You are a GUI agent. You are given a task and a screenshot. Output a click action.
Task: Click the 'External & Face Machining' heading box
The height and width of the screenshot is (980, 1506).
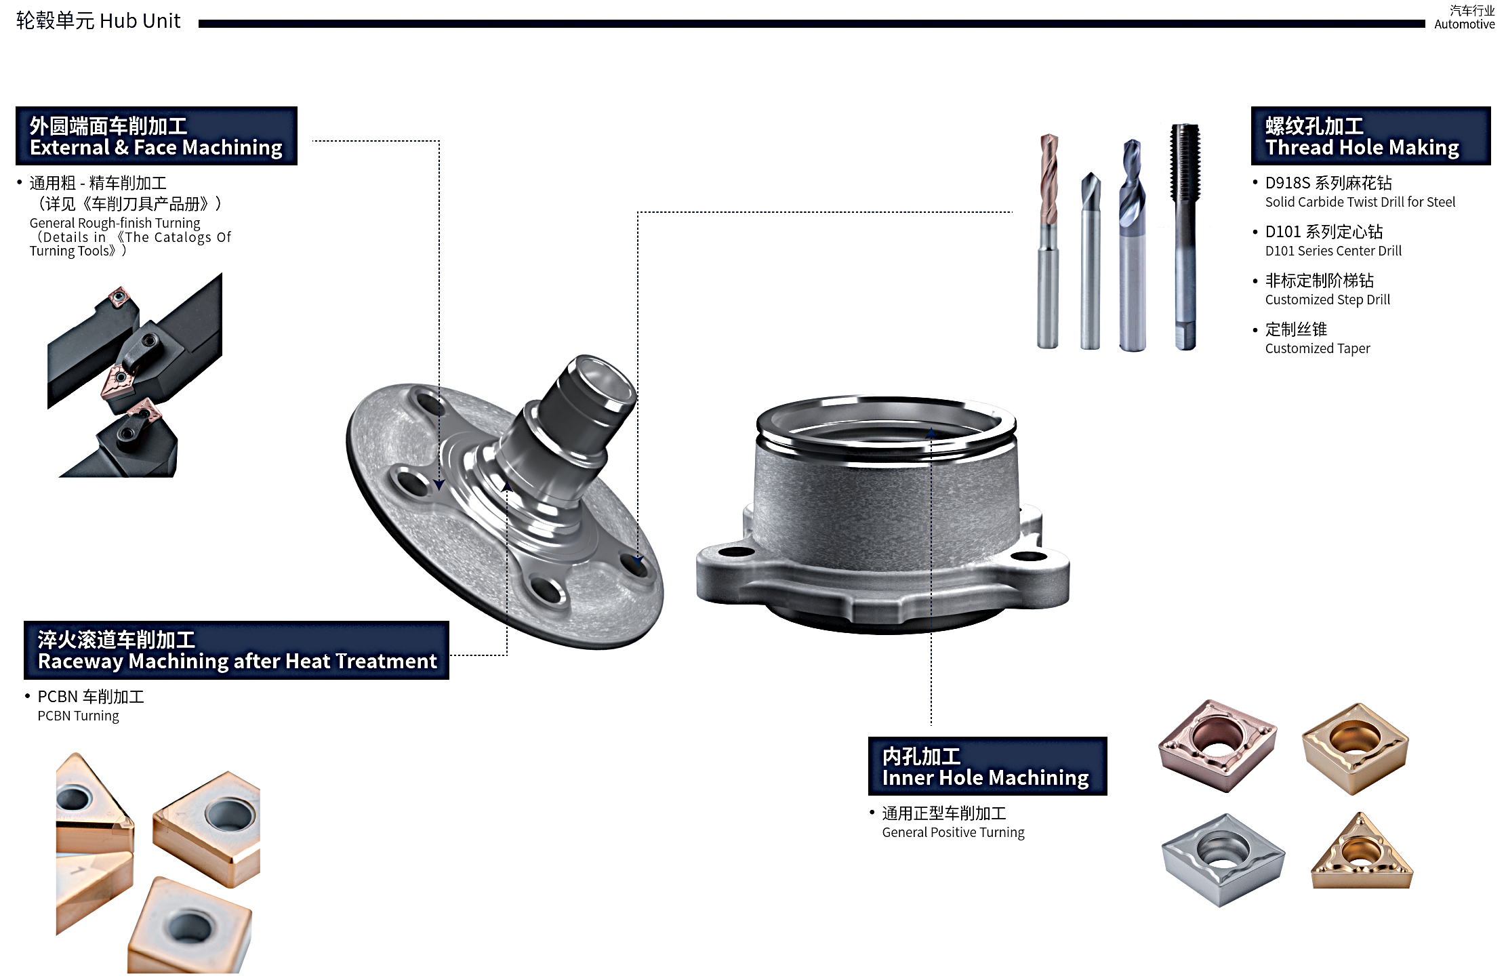pyautogui.click(x=156, y=136)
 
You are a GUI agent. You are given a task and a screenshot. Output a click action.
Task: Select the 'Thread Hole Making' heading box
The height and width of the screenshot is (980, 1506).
pyautogui.click(x=1370, y=136)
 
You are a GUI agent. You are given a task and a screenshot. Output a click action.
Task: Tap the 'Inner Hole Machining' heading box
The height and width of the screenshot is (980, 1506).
pyautogui.click(x=988, y=766)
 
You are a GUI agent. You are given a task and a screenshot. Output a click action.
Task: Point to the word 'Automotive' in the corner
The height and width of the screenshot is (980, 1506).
pyautogui.click(x=1465, y=24)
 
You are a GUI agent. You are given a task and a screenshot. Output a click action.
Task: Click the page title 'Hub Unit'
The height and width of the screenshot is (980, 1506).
pyautogui.click(x=140, y=21)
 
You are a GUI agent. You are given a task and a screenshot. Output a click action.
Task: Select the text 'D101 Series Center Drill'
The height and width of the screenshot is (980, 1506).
pyautogui.click(x=1333, y=251)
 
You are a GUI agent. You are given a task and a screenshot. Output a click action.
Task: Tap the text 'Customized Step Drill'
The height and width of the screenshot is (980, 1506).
pyautogui.click(x=1327, y=300)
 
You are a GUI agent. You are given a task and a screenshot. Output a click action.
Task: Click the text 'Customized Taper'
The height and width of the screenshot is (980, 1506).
pyautogui.click(x=1318, y=348)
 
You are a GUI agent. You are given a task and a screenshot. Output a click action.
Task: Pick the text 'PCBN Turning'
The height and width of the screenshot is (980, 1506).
pyautogui.click(x=78, y=716)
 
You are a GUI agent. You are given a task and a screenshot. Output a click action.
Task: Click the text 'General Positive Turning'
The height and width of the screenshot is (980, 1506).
pyautogui.click(x=953, y=832)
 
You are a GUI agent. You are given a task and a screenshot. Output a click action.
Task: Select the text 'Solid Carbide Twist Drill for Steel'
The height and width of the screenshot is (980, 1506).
pyautogui.click(x=1360, y=202)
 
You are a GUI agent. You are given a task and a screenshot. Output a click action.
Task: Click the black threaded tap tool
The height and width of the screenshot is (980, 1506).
pyautogui.click(x=1185, y=237)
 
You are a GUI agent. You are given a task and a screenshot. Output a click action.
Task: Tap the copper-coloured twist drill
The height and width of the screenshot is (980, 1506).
pyautogui.click(x=1049, y=241)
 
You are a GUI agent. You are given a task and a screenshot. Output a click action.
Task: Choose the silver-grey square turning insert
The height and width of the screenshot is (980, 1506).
pyautogui.click(x=1223, y=860)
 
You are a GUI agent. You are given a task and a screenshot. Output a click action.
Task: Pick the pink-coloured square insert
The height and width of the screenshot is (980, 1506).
pyautogui.click(x=1217, y=746)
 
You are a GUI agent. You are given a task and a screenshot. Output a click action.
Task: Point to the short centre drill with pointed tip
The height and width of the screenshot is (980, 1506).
pyautogui.click(x=1090, y=261)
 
